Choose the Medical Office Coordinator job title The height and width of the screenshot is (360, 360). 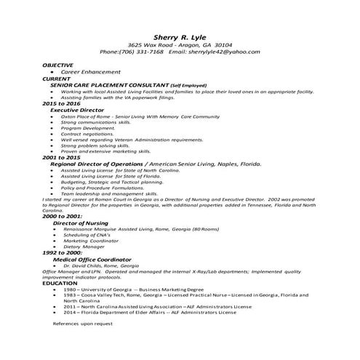[92, 260]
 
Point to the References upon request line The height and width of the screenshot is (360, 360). [83, 322]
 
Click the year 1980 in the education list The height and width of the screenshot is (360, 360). [70, 289]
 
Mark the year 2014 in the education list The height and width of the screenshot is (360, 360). [70, 313]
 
